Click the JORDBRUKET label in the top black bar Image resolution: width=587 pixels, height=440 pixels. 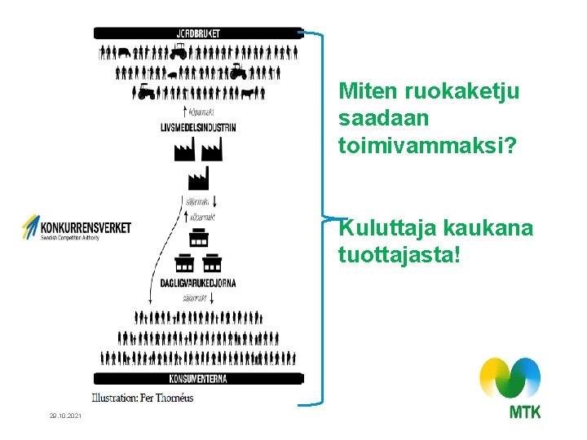pyautogui.click(x=198, y=33)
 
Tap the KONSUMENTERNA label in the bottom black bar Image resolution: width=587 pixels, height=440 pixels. pyautogui.click(x=198, y=378)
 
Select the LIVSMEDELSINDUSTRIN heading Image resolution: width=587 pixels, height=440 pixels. pyautogui.click(x=198, y=128)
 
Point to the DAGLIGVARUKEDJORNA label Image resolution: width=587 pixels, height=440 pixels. pyautogui.click(x=198, y=283)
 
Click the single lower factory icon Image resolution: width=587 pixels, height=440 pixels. pyautogui.click(x=198, y=178)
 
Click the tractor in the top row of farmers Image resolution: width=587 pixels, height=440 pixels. pyautogui.click(x=179, y=52)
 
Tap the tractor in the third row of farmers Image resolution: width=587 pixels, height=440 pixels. pyautogui.click(x=146, y=91)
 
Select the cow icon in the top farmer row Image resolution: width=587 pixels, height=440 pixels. pyautogui.click(x=123, y=52)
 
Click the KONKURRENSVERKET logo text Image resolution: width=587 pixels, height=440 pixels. pyautogui.click(x=86, y=227)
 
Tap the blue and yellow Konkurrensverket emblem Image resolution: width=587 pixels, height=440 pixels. pyautogui.click(x=31, y=227)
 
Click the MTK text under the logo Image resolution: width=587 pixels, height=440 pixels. pyautogui.click(x=524, y=412)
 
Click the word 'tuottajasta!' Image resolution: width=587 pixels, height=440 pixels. pyautogui.click(x=399, y=256)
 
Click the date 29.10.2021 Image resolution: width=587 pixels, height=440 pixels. pyautogui.click(x=65, y=416)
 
